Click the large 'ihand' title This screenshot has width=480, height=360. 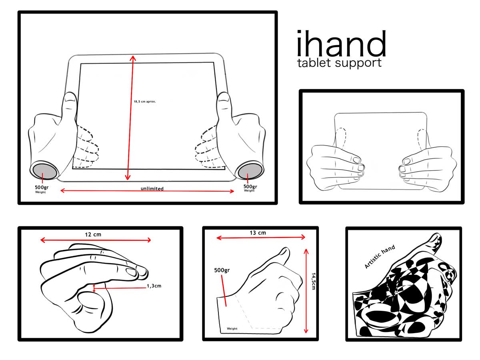click(341, 43)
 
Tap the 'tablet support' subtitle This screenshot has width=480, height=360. click(339, 63)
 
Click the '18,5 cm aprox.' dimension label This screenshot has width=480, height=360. click(145, 102)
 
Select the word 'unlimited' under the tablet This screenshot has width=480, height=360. click(152, 188)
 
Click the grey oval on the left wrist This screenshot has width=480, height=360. click(45, 171)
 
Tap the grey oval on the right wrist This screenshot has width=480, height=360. click(250, 171)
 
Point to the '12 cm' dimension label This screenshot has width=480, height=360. click(93, 234)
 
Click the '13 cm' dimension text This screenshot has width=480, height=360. click(258, 233)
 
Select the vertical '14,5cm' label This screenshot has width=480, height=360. click(313, 281)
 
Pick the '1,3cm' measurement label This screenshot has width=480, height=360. click(154, 286)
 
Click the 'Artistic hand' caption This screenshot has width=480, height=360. click(380, 256)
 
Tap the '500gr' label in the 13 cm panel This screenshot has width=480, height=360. click(222, 270)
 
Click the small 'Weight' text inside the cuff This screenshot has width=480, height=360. click(232, 328)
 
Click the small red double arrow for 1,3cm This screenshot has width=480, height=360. click(94, 288)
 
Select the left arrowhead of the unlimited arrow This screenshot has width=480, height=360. click(62, 191)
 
